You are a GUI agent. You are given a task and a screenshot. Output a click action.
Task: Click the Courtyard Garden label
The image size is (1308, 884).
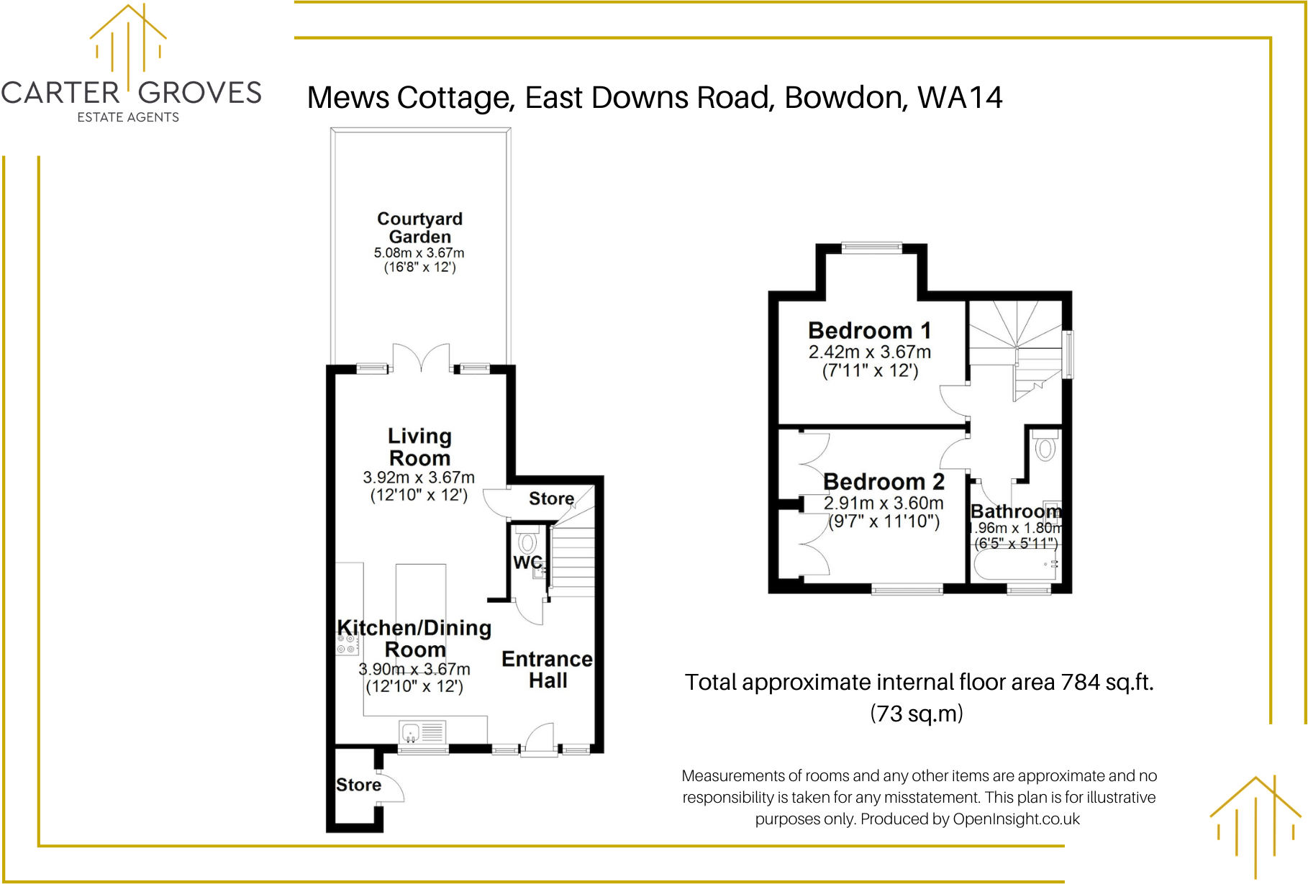tap(420, 227)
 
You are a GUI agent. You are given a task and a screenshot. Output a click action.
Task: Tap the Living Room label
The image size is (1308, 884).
tap(420, 447)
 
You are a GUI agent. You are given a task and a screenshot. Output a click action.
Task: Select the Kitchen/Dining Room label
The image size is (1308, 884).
tap(414, 638)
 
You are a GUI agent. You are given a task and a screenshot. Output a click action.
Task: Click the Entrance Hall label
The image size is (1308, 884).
tap(548, 670)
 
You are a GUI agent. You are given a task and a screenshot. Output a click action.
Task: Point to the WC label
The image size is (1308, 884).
tap(527, 562)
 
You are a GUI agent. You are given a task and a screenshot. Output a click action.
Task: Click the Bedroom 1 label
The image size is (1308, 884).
tap(869, 331)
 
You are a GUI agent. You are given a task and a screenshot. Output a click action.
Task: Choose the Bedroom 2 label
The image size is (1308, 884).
tap(884, 481)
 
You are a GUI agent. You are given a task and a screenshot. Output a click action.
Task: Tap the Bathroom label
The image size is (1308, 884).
tap(1016, 511)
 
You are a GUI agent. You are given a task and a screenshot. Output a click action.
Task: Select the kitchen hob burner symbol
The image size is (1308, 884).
tap(347, 644)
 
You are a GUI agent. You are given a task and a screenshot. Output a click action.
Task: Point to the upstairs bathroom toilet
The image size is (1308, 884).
tap(1045, 447)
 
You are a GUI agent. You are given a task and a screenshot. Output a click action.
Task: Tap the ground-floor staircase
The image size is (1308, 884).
tap(573, 561)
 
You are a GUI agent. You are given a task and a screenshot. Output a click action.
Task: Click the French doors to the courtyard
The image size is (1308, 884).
tap(422, 357)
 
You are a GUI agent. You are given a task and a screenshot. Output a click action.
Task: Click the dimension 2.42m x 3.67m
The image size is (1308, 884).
tap(869, 352)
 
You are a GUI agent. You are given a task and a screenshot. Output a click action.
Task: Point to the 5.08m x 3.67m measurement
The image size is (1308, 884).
tap(419, 253)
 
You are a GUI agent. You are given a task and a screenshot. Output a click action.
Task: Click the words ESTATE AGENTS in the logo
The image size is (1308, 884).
tap(128, 117)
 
